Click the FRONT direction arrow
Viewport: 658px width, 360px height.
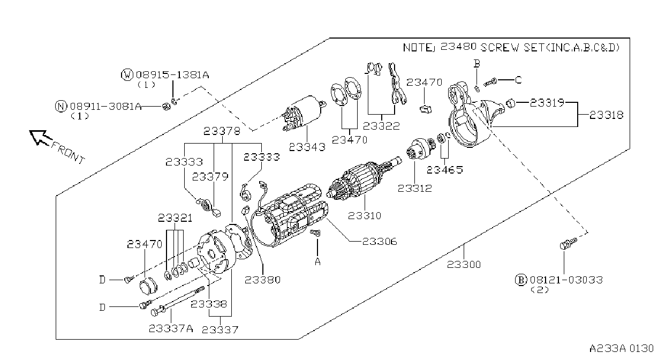point(40,138)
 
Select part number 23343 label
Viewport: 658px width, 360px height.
point(307,147)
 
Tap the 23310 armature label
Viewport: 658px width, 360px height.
point(365,216)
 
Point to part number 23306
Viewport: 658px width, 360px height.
point(380,242)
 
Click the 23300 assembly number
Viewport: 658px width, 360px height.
point(464,265)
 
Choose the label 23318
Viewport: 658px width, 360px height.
point(606,115)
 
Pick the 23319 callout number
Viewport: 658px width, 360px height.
point(547,102)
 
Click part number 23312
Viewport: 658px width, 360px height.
point(415,188)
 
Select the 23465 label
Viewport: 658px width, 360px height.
point(445,170)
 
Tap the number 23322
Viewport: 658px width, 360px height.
point(381,126)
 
